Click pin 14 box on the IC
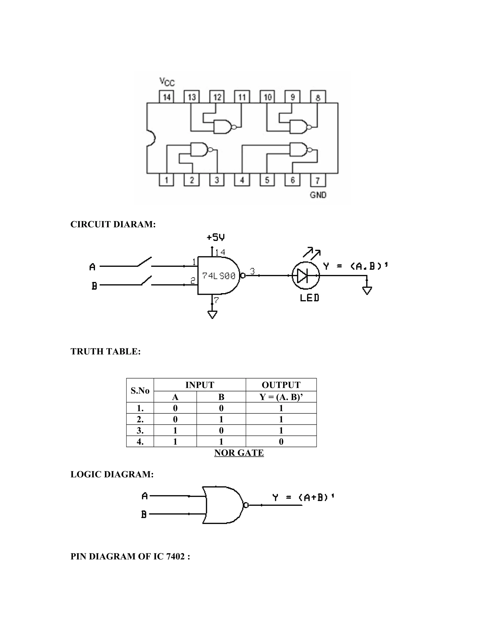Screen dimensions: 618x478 click(x=166, y=97)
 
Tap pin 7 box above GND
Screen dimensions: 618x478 click(x=318, y=180)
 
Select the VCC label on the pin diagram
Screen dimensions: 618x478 click(x=167, y=82)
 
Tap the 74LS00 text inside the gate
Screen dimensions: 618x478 click(x=219, y=276)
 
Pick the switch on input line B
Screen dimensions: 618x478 click(x=146, y=281)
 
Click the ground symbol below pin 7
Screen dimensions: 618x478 click(x=212, y=314)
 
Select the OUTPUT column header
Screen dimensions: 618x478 click(x=281, y=385)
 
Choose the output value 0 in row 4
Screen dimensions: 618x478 click(x=281, y=441)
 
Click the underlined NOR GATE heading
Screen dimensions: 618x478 click(x=239, y=453)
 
